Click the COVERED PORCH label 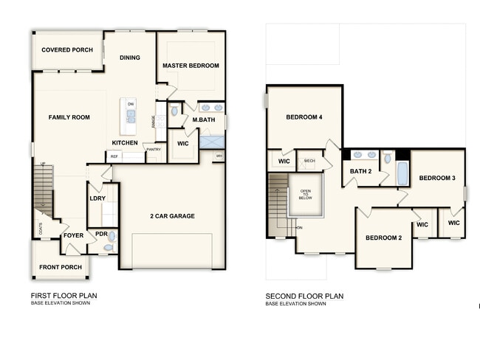(x=67, y=50)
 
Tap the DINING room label (x=130, y=58)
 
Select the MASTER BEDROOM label (x=191, y=66)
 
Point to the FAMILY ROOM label (x=69, y=117)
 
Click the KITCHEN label (x=125, y=142)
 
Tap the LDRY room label (x=97, y=198)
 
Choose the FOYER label (x=73, y=235)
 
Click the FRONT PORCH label (x=61, y=267)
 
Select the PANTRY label (x=154, y=150)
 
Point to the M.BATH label (x=203, y=120)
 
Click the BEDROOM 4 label (x=304, y=117)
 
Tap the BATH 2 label (x=360, y=171)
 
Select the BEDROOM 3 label (x=437, y=178)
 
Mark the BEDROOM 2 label (x=384, y=238)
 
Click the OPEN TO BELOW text (x=306, y=195)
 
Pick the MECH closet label (x=309, y=160)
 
